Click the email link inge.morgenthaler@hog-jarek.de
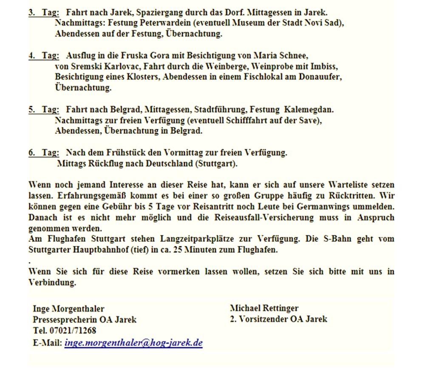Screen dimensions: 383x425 click(x=133, y=343)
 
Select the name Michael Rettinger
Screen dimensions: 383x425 click(x=264, y=308)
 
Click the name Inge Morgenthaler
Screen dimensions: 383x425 click(x=68, y=309)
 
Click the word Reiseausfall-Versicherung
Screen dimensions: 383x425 click(x=271, y=217)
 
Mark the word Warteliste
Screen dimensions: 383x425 click(x=351, y=185)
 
